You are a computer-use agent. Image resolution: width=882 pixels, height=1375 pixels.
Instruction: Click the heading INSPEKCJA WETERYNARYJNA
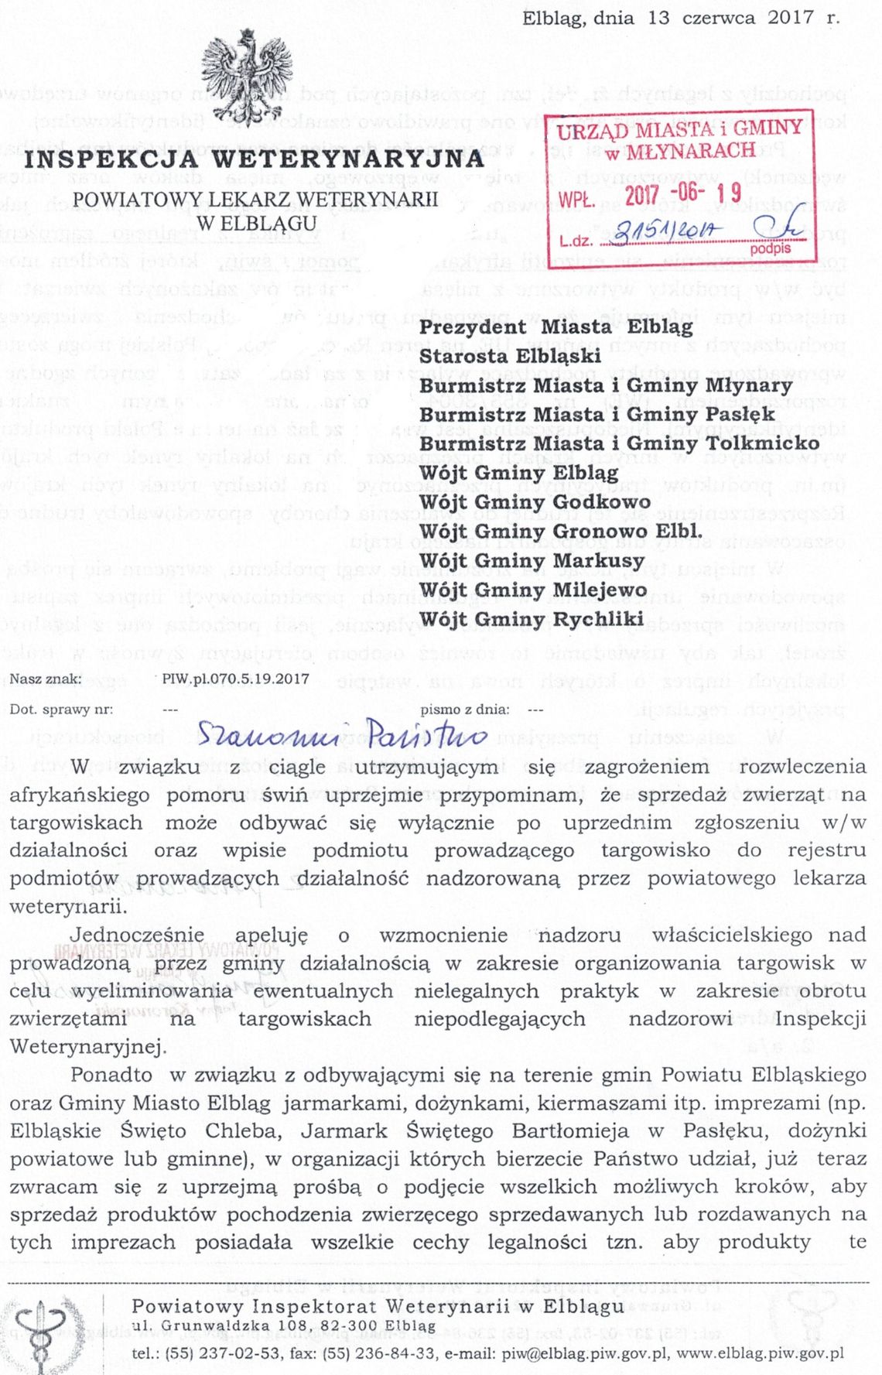pos(254,159)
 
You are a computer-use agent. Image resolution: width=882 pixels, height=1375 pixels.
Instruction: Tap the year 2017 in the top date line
pos(790,18)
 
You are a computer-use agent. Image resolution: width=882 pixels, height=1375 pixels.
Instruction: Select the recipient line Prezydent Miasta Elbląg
pos(556,327)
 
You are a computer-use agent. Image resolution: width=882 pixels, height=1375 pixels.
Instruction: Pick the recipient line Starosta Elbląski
pos(510,356)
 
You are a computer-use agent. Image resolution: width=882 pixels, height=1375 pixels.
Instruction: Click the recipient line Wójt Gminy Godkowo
pos(535,502)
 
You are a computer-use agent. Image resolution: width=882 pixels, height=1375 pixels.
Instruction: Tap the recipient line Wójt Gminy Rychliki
pos(532,619)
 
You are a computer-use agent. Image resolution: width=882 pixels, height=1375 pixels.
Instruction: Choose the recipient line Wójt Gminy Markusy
pos(532,560)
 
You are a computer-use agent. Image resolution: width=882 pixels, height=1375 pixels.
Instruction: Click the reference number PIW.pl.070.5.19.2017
pos(235,679)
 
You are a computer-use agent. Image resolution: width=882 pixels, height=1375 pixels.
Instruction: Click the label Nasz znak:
pos(46,679)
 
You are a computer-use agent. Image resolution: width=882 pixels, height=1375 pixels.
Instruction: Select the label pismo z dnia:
pos(465,709)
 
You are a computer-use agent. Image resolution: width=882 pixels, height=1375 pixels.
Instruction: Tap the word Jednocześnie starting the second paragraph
pos(137,935)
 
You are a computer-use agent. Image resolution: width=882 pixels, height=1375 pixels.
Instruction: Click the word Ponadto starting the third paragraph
pos(111,1075)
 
